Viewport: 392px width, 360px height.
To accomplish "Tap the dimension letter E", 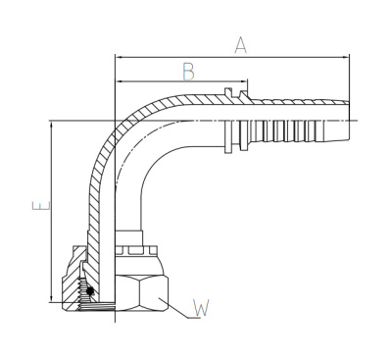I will pyautogui.click(x=38, y=208).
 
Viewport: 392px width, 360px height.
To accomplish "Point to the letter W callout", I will pyautogui.click(x=202, y=310).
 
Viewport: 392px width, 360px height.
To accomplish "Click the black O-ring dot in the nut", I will pyautogui.click(x=90, y=291).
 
